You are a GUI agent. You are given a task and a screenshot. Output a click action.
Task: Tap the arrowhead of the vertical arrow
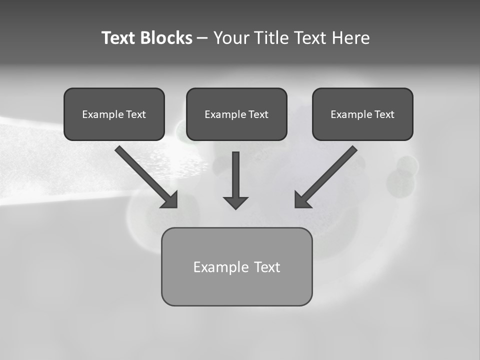point(235,202)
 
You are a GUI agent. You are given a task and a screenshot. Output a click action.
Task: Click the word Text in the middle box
point(258,114)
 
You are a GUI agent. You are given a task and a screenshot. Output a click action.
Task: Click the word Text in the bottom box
point(267,267)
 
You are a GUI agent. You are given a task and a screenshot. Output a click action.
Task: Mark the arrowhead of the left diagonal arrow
point(170,200)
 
